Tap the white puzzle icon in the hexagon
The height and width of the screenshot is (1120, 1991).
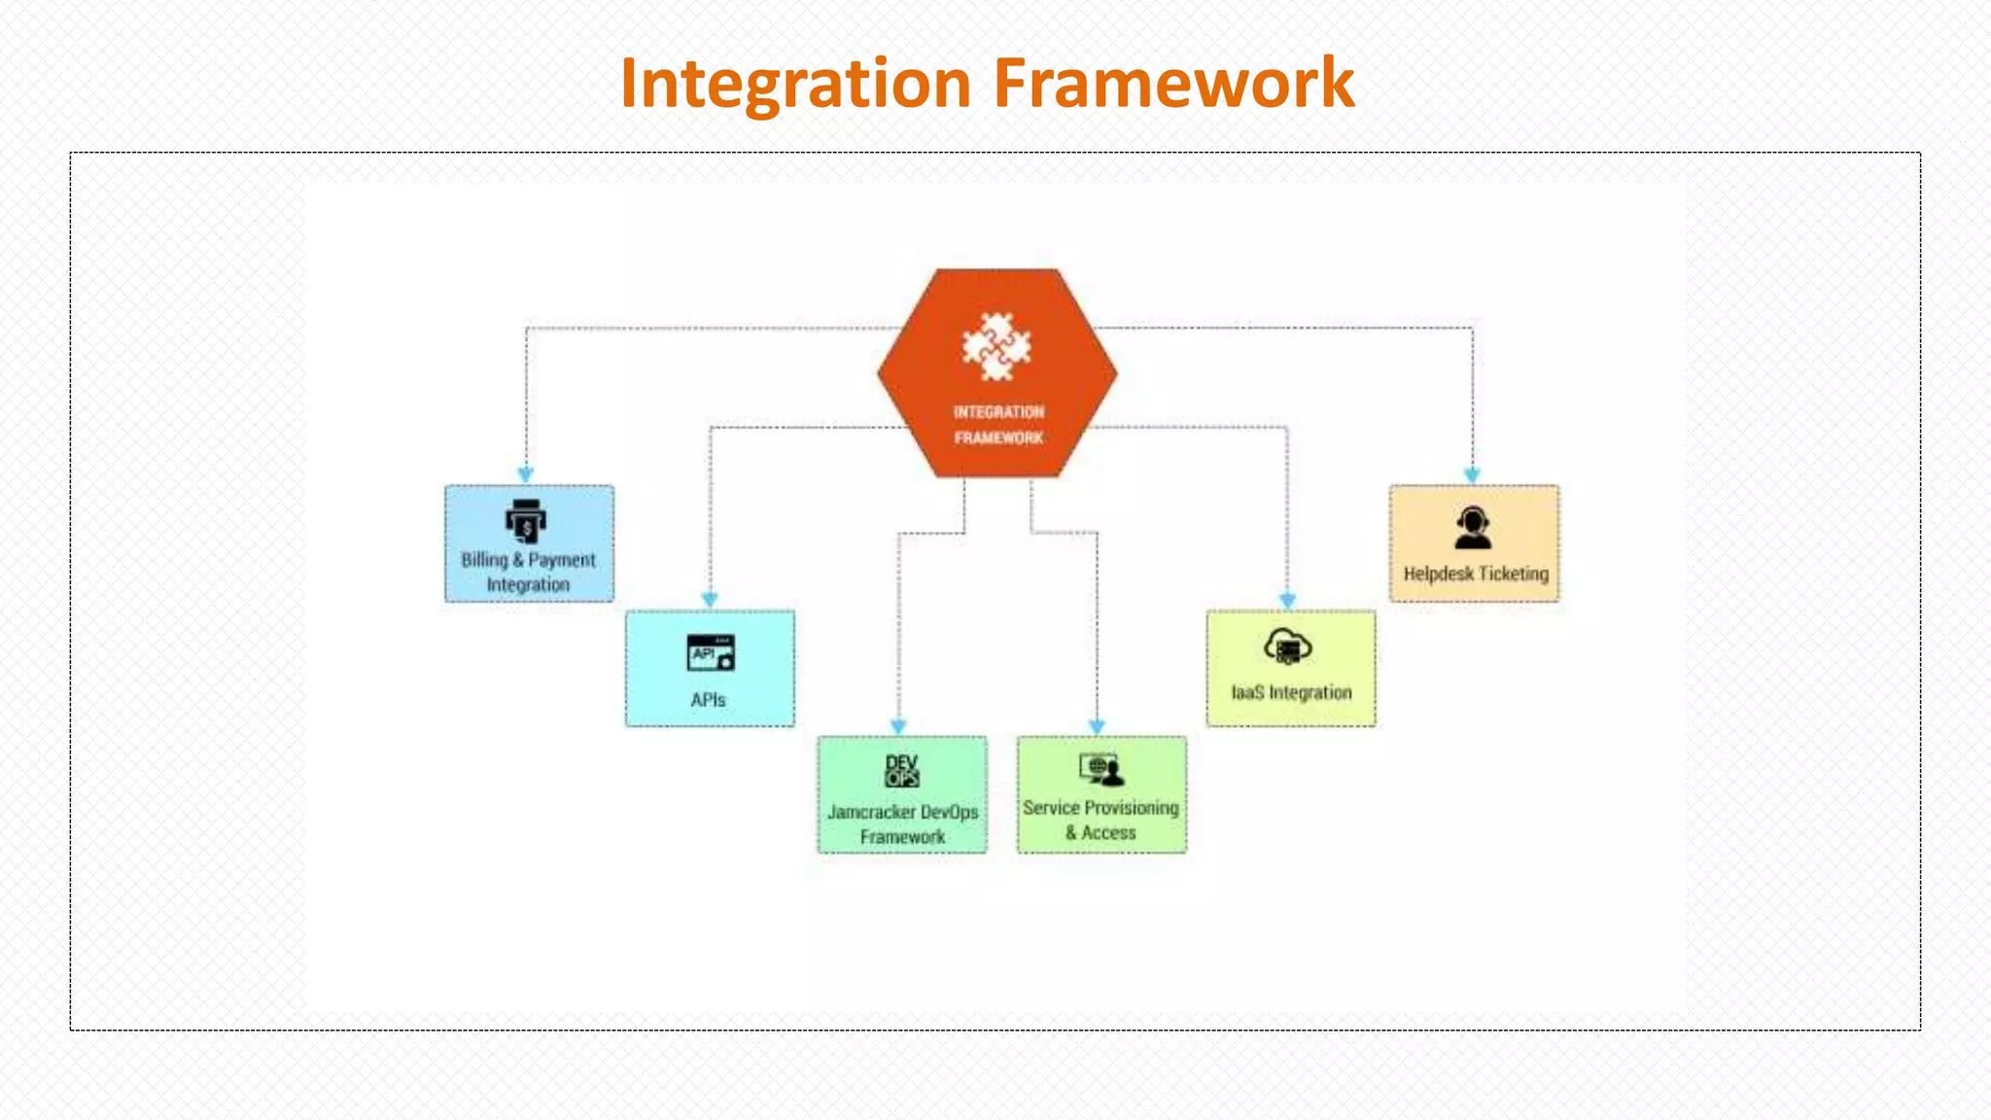(996, 347)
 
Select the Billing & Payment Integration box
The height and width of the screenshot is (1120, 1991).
(529, 543)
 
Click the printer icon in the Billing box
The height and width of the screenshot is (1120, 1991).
(526, 521)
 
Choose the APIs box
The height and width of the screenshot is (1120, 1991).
(710, 668)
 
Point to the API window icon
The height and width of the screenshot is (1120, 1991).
(711, 653)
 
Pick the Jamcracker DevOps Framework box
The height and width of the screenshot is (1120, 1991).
(902, 794)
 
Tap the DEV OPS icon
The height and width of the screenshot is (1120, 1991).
(902, 770)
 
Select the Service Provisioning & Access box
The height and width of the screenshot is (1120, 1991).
(1101, 794)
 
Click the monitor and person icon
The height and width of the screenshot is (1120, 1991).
(1100, 770)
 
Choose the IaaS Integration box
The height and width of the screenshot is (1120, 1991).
(1291, 668)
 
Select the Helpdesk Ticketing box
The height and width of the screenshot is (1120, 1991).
(1474, 543)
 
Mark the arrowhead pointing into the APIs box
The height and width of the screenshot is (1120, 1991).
(710, 600)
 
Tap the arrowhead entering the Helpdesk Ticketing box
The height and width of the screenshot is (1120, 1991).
(1472, 475)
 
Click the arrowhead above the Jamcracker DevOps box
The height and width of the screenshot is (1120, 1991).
(898, 726)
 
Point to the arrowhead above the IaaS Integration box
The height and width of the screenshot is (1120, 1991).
(1287, 601)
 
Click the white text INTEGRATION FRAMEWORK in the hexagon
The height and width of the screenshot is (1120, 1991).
(998, 425)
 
